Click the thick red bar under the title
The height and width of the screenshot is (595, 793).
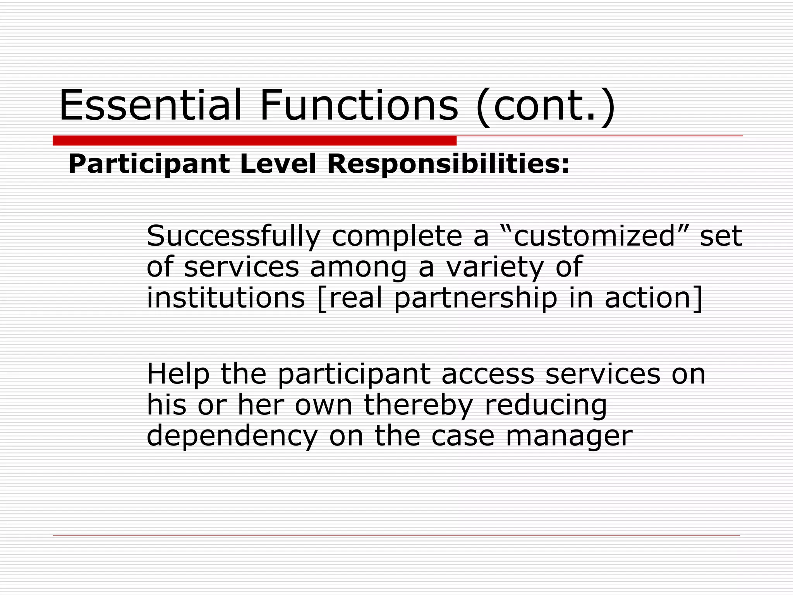(x=254, y=141)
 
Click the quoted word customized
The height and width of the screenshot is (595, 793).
(x=594, y=236)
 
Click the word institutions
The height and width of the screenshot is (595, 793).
(x=226, y=298)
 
